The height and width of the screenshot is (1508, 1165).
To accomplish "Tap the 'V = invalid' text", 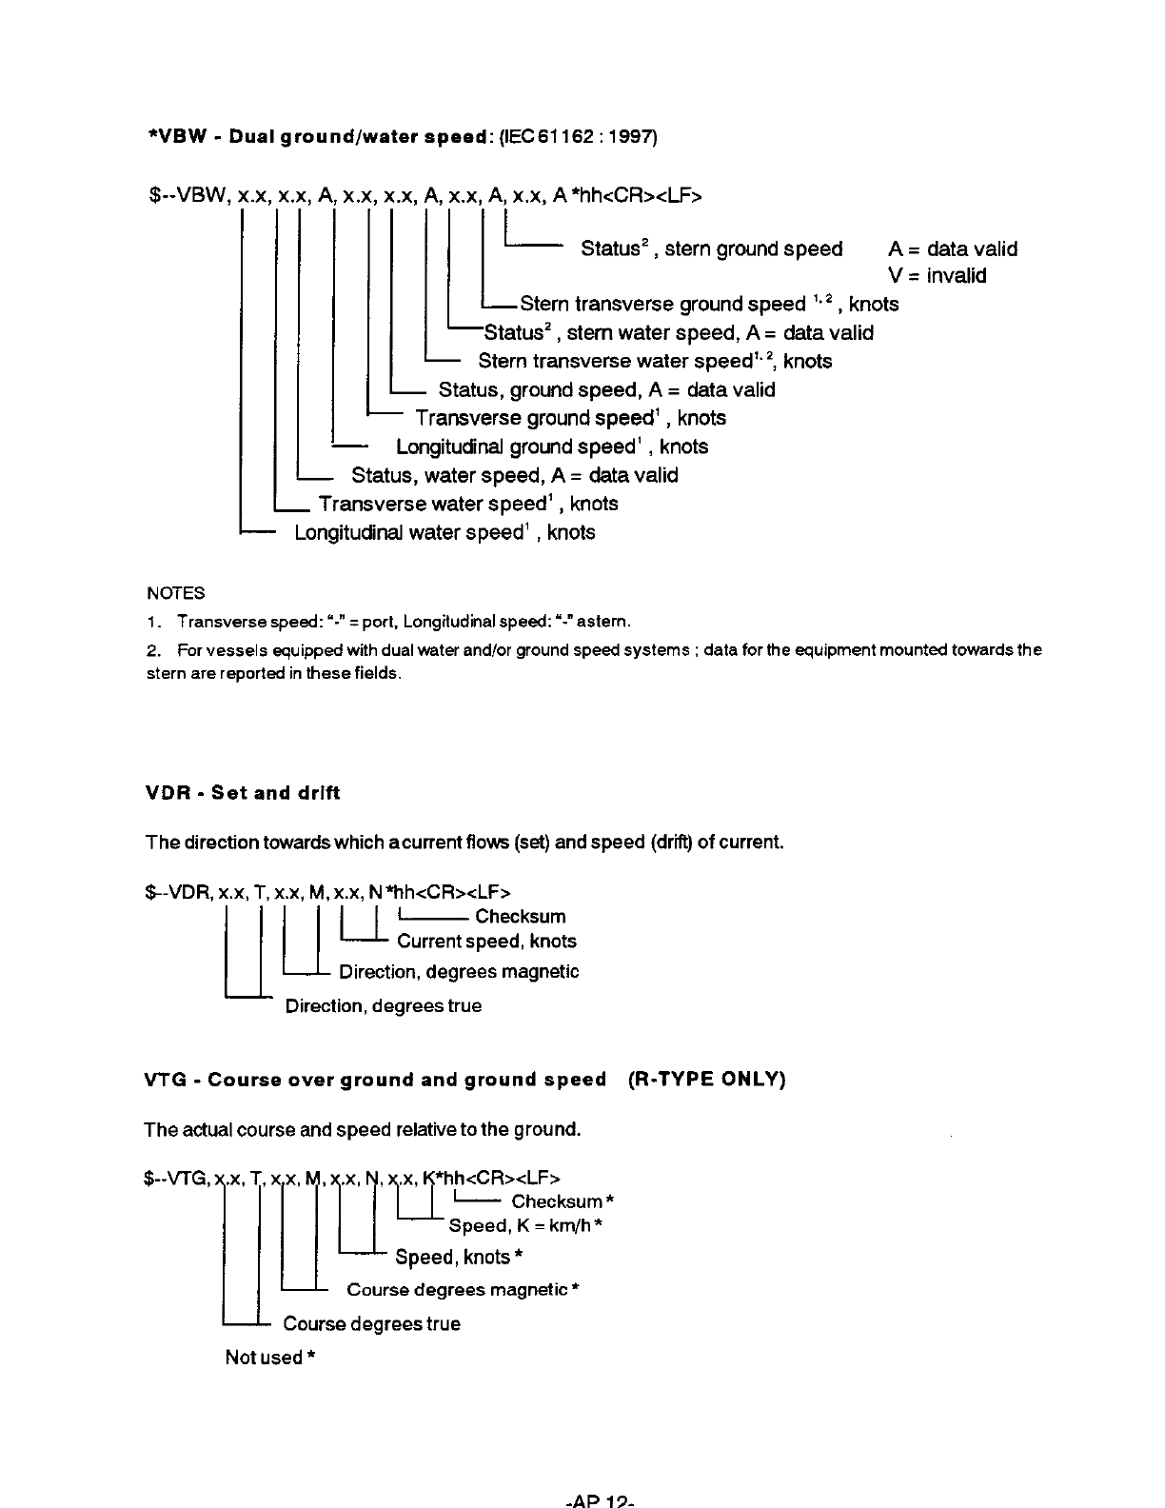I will (938, 276).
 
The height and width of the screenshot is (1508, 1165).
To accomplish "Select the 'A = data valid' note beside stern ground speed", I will (953, 249).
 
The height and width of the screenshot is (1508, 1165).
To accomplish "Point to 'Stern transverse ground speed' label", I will (662, 305).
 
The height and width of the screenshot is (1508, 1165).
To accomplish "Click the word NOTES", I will (176, 593).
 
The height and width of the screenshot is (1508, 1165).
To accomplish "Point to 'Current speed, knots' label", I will (486, 942).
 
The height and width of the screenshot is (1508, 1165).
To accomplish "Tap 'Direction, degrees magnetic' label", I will (459, 972).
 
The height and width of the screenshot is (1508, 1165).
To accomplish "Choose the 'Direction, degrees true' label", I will (384, 1006).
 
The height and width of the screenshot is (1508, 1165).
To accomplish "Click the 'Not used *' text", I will (269, 1358).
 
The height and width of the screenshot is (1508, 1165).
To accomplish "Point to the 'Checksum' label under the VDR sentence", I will (520, 917).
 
